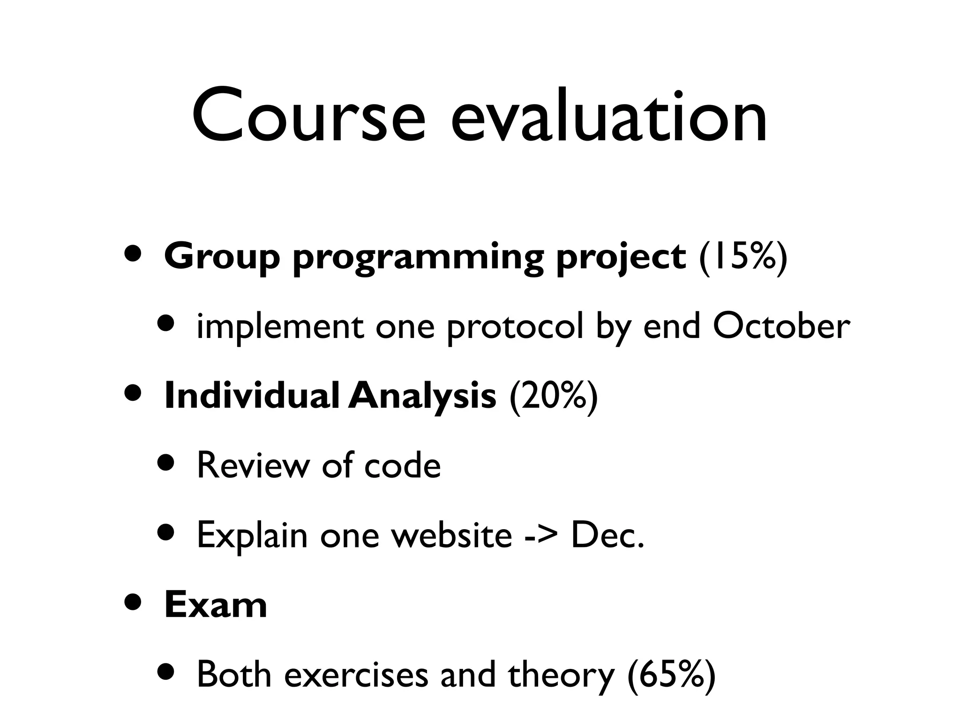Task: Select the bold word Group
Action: coord(222,257)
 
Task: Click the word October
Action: coord(781,326)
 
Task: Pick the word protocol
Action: coord(515,328)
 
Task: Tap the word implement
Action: coord(280,328)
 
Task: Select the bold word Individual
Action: coord(251,396)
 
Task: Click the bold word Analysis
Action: coord(422,397)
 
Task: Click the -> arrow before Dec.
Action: coord(541,536)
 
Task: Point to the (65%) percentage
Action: coord(671,675)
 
